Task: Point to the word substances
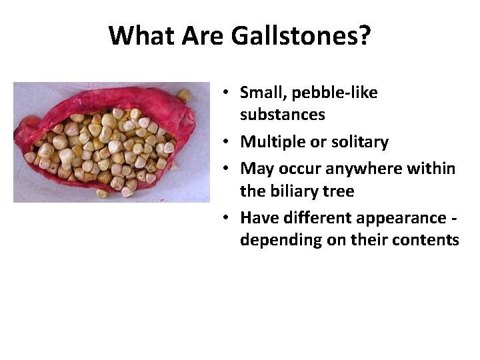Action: click(x=283, y=115)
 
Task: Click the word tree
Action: click(x=339, y=191)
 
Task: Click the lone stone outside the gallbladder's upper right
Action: click(x=183, y=95)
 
